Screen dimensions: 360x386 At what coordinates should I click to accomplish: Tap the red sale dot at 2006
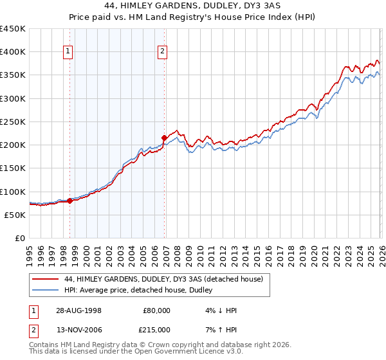pos(164,138)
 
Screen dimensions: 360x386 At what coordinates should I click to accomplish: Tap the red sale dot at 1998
pos(70,201)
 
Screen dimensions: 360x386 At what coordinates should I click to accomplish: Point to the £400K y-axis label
pos(13,52)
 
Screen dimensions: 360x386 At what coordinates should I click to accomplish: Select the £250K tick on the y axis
pos(13,122)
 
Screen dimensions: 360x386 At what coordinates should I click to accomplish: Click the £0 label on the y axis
pos(19,238)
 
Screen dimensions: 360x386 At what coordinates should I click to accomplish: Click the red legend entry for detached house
pos(163,280)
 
